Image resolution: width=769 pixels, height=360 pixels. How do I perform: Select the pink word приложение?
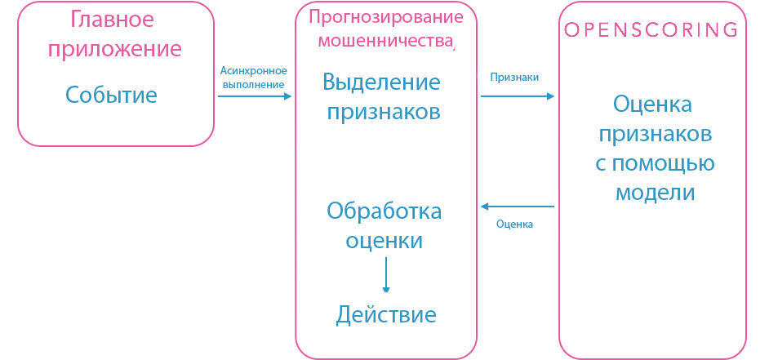[114, 49]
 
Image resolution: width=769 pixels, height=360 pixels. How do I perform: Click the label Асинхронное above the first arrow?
[253, 70]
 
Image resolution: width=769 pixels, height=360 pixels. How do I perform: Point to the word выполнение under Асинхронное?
[253, 83]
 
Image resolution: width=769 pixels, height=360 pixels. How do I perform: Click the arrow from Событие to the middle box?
[254, 96]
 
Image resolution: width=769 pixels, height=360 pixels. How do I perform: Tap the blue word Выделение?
[383, 82]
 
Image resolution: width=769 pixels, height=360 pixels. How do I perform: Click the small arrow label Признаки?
[513, 78]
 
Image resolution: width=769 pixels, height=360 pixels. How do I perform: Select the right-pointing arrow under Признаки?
[517, 96]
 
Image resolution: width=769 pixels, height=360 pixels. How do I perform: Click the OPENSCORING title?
[652, 30]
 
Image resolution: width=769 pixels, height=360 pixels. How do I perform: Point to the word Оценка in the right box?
[652, 104]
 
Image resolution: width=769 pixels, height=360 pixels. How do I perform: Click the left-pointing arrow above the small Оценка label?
[517, 207]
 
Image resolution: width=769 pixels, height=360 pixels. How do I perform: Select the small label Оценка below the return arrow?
[514, 224]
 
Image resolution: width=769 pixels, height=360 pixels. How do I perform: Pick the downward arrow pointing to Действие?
[385, 275]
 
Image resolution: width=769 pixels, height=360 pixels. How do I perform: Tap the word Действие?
[386, 315]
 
